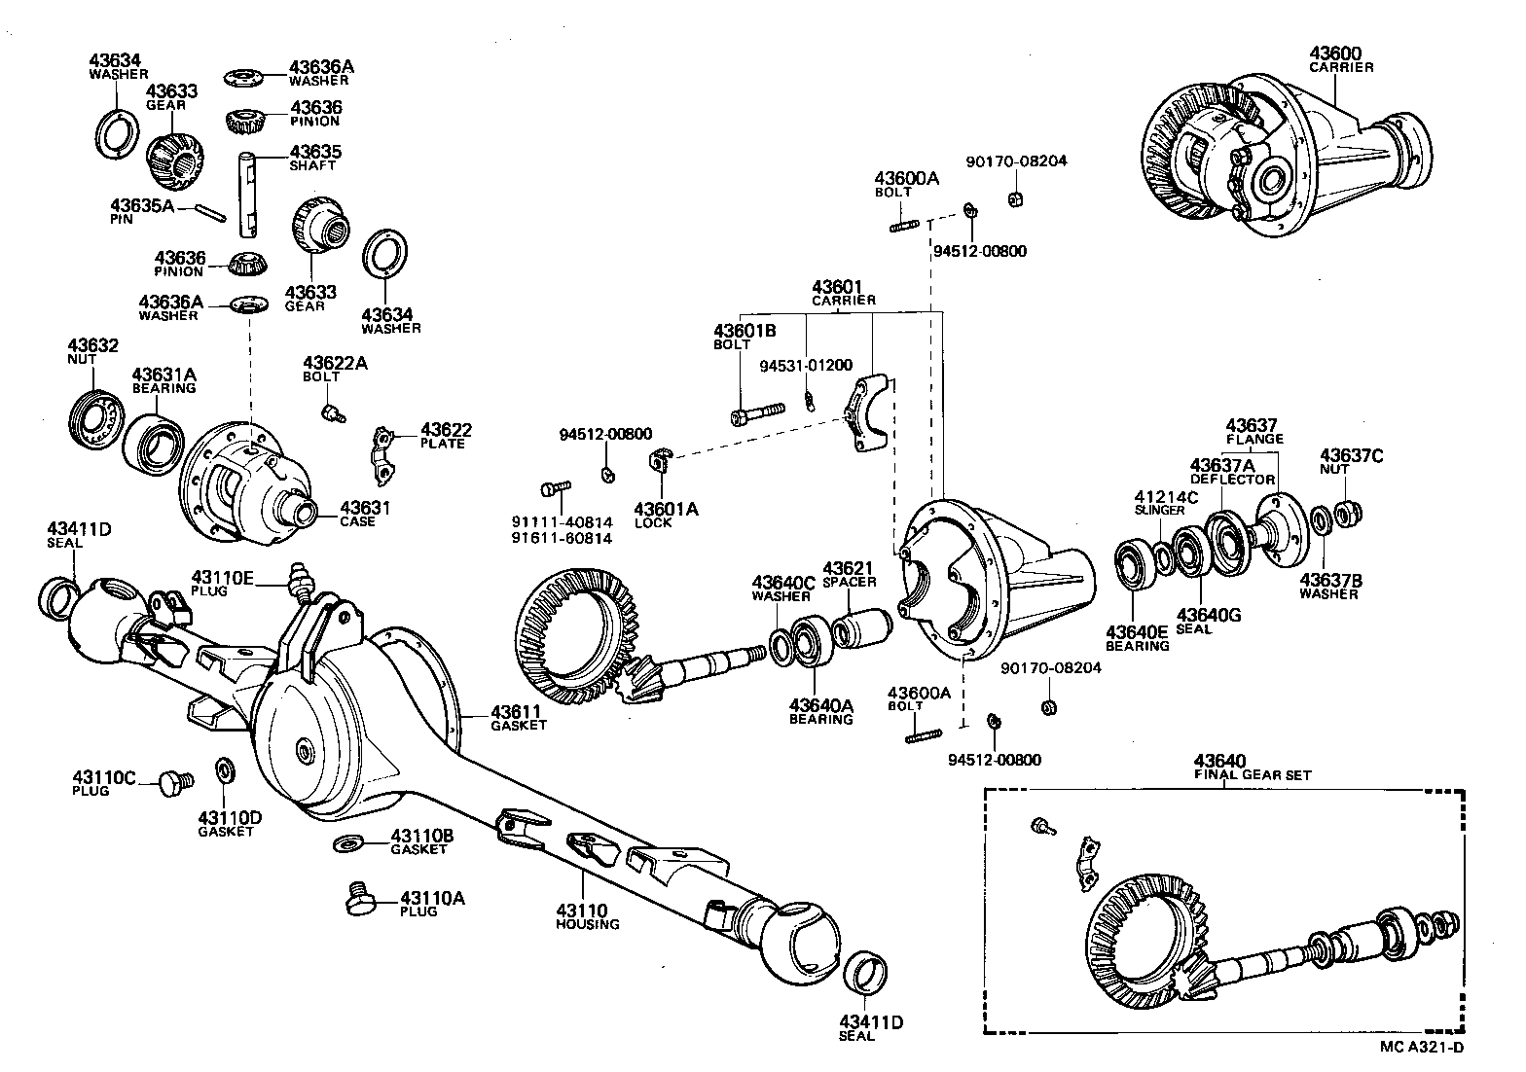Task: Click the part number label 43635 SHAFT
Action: coord(314,158)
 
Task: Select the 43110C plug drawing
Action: coord(176,780)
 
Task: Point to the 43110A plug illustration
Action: coord(364,900)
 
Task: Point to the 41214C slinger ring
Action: coord(1165,558)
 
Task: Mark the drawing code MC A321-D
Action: coord(1422,1047)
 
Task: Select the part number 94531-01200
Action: coord(806,365)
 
